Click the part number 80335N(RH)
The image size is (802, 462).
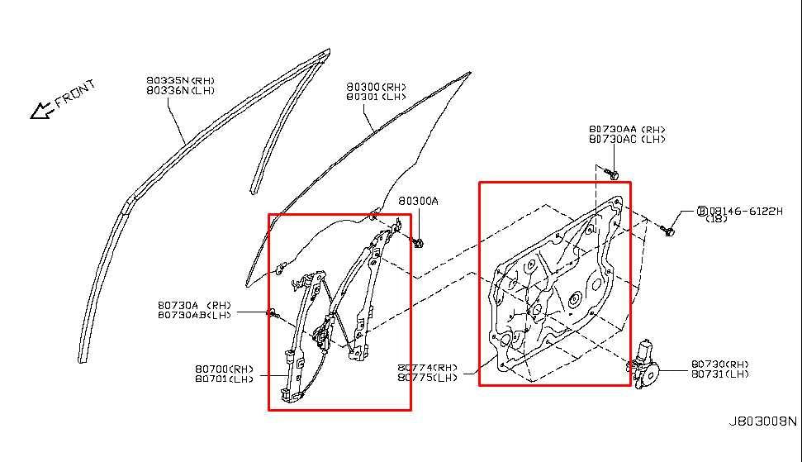(180, 81)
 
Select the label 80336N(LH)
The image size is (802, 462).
(180, 90)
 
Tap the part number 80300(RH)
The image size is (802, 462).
(376, 87)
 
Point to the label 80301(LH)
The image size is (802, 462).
(376, 96)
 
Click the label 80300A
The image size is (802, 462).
(418, 201)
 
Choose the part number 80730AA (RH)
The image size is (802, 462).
(627, 130)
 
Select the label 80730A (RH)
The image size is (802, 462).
(195, 305)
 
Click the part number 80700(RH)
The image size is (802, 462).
(225, 369)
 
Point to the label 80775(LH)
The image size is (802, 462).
(426, 378)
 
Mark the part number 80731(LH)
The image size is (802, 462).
(720, 374)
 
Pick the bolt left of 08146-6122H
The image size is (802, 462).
(670, 231)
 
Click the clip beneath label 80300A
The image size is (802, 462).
(419, 241)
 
